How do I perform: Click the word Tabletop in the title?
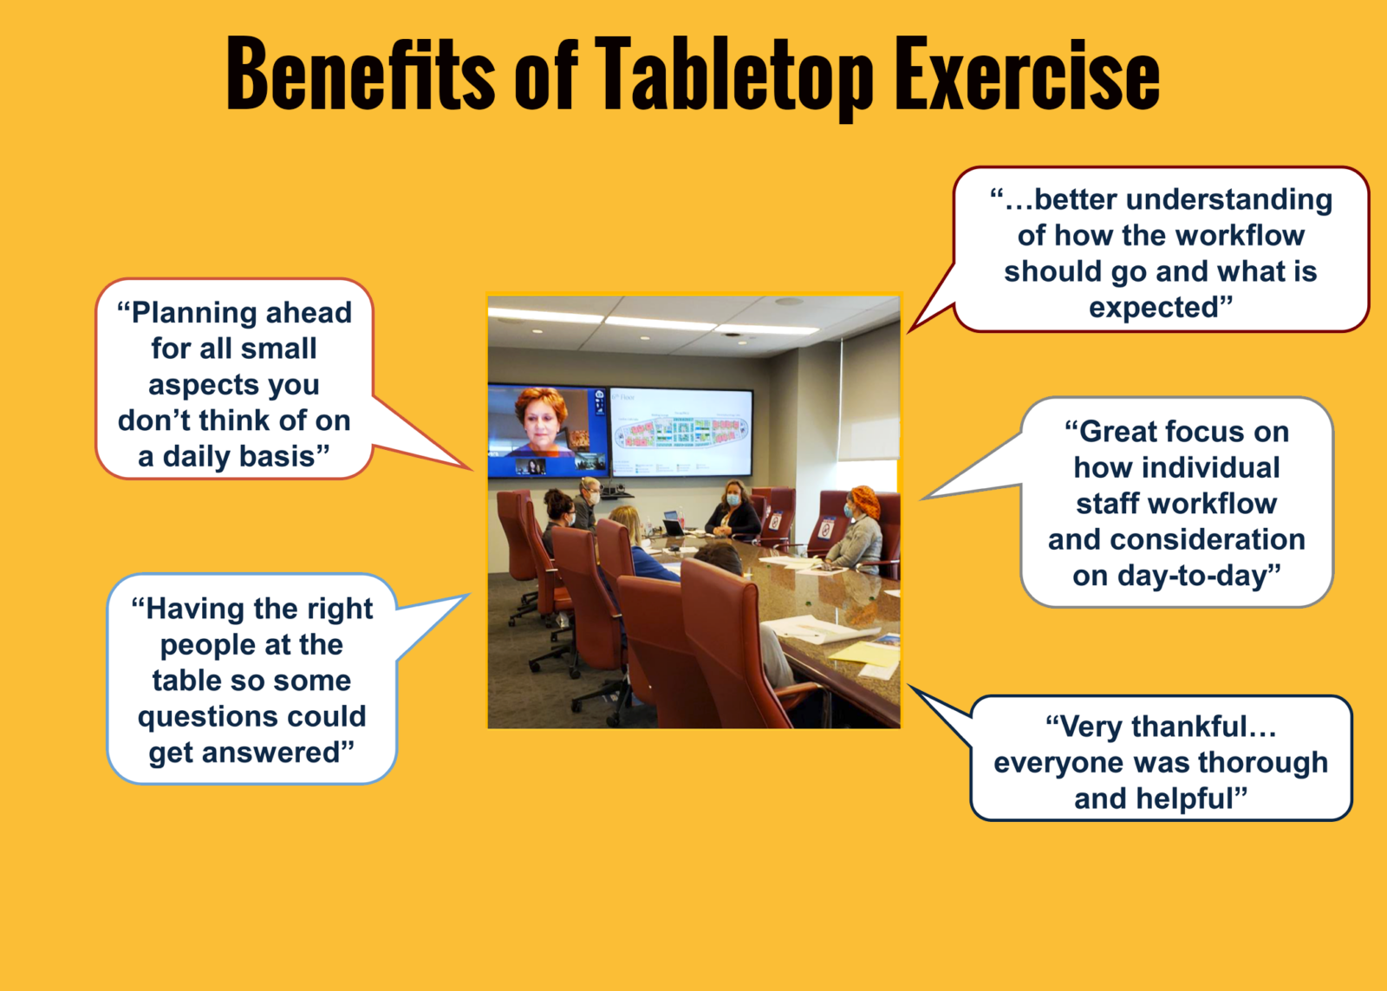(x=733, y=76)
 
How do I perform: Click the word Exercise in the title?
(x=1026, y=76)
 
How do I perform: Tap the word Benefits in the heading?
(x=360, y=76)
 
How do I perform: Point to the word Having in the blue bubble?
(x=194, y=610)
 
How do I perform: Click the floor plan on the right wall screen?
(x=681, y=431)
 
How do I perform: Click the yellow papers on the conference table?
(x=868, y=652)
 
